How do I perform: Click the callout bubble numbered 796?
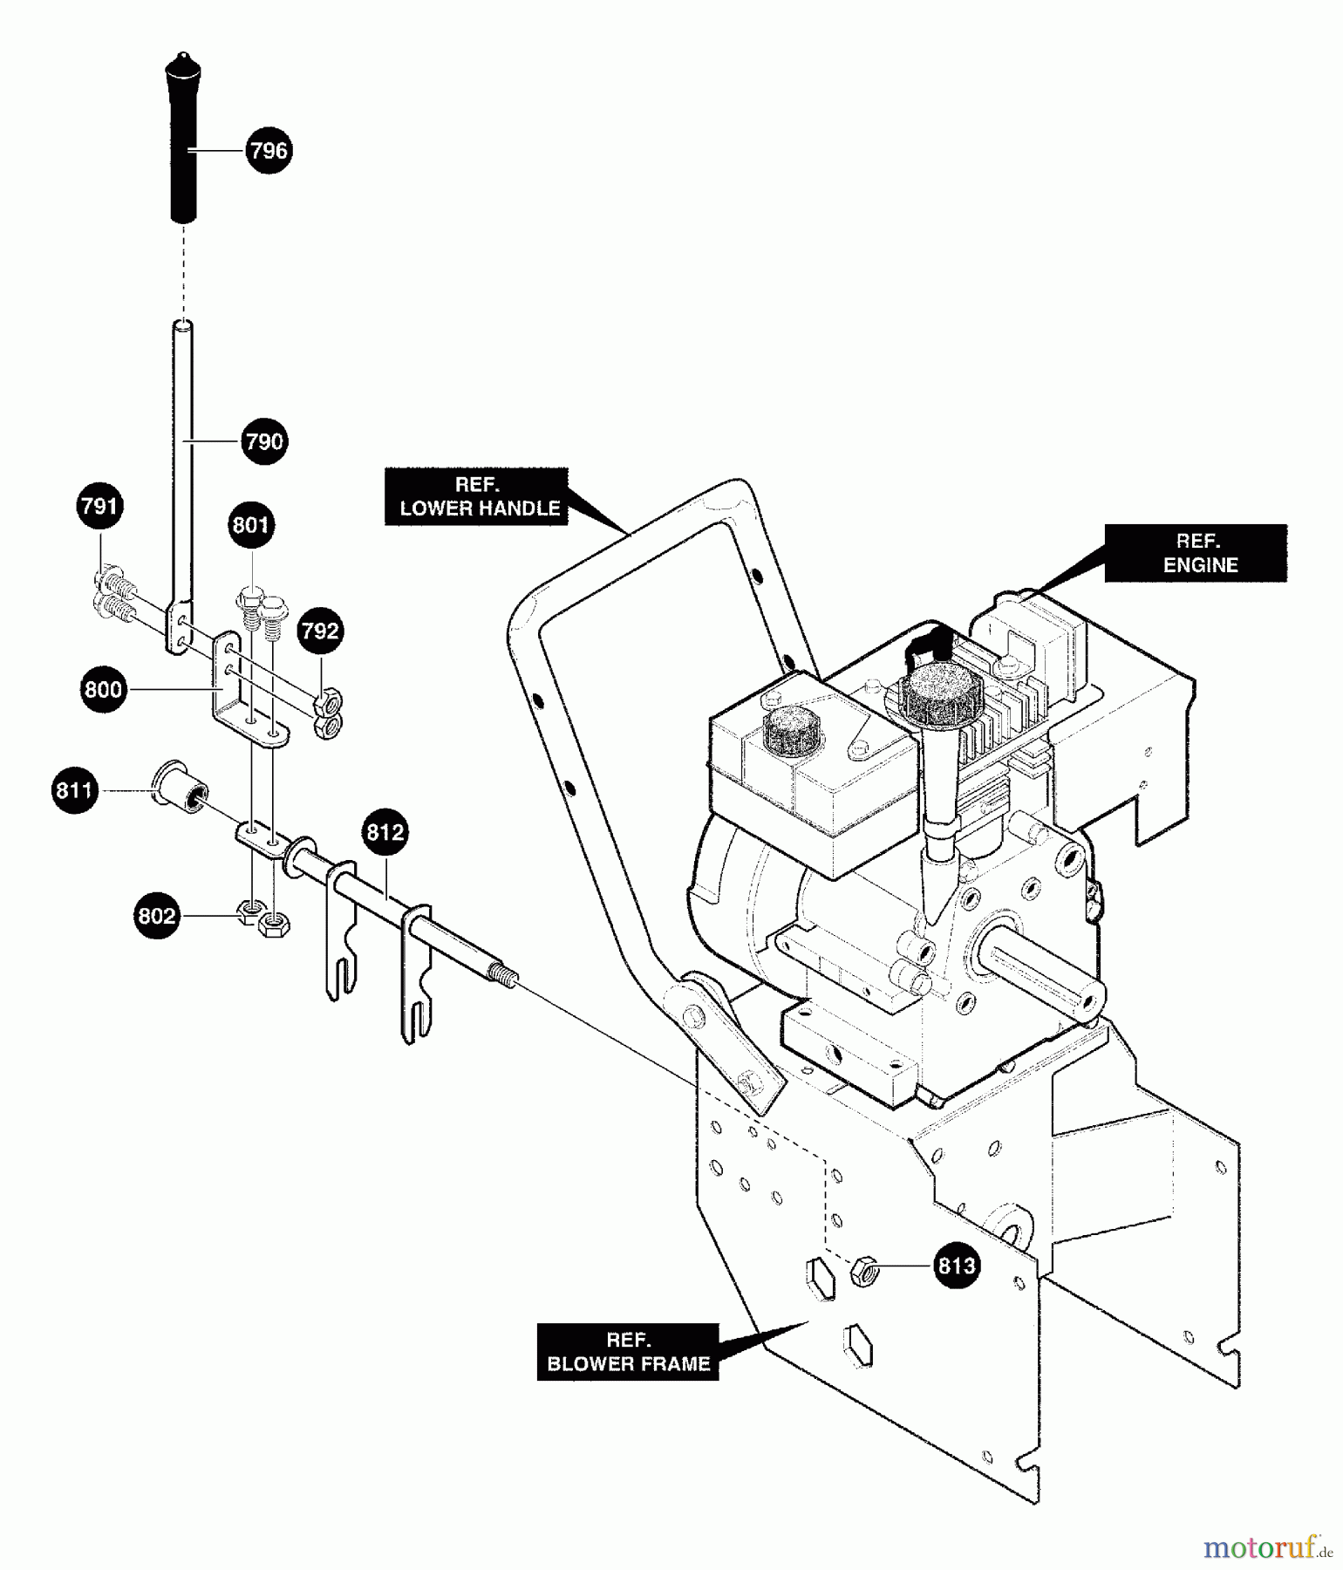coord(269,150)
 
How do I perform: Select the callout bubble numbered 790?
coord(264,441)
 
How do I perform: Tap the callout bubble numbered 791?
coord(99,506)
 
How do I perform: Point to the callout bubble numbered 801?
coord(251,525)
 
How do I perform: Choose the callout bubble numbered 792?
coord(320,631)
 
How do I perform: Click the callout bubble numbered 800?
coord(104,690)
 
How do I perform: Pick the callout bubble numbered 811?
coord(75,791)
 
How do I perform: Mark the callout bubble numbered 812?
coord(385,832)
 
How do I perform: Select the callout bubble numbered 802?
coord(157,916)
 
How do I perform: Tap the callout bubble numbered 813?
coord(956,1266)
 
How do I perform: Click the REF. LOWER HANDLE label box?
coord(477,497)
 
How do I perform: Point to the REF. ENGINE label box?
coord(1196,553)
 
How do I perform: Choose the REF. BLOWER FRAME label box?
coord(628,1352)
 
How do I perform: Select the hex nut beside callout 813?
coord(863,1272)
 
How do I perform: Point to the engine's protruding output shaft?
coord(1046,975)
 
